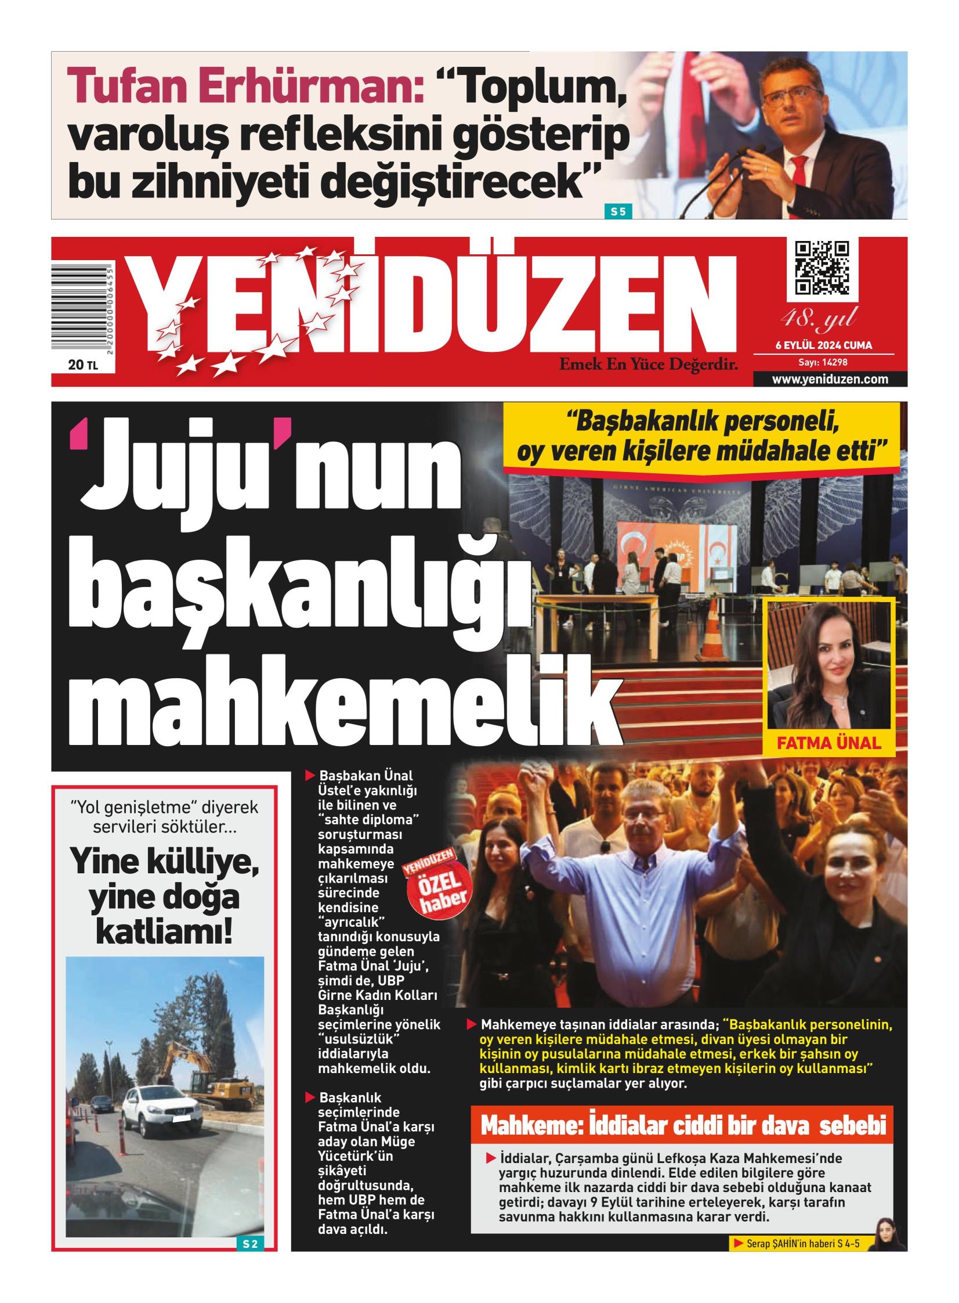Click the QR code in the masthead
pos(821,268)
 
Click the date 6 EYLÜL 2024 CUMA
pos(824,345)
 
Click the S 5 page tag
pos(618,211)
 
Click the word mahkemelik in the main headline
pos(342,707)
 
